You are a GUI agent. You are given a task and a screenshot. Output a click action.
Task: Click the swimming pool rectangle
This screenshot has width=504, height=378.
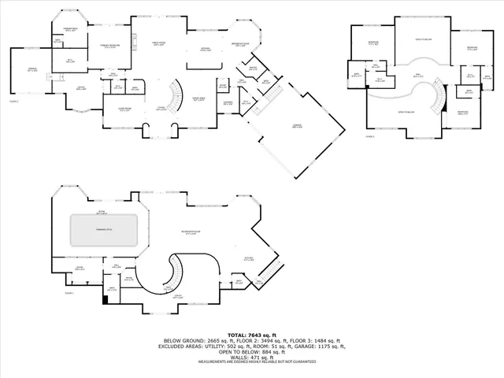[x=105, y=229]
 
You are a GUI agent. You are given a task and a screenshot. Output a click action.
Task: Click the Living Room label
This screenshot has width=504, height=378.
[x=124, y=109]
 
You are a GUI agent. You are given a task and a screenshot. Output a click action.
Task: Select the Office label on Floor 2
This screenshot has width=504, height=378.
[x=81, y=88]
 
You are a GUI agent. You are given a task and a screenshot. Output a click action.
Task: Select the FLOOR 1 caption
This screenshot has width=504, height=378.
[x=69, y=293]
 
